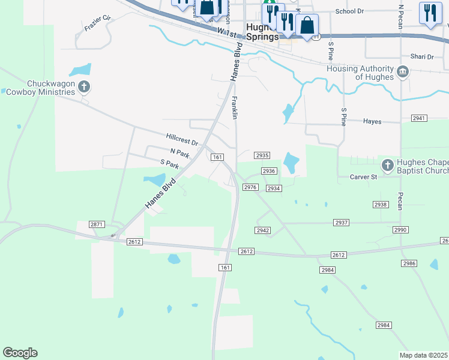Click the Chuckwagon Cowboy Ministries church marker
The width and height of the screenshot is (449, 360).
[x=84, y=88]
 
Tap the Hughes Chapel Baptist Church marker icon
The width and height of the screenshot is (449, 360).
[x=388, y=164]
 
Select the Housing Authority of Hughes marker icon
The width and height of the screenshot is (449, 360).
[x=403, y=73]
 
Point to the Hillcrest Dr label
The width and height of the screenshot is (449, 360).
[x=182, y=140]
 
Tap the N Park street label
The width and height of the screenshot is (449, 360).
[x=179, y=154]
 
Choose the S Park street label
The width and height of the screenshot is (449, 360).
[x=170, y=163]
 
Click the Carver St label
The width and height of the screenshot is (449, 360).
[x=363, y=177]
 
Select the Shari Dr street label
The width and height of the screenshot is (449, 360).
[x=422, y=56]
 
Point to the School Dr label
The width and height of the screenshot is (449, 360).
[x=349, y=11]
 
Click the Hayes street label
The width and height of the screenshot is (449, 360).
[x=372, y=121]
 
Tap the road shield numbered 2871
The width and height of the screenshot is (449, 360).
[x=97, y=224]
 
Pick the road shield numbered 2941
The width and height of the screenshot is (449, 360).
[x=419, y=118]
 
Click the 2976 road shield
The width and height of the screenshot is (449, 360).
[x=250, y=188]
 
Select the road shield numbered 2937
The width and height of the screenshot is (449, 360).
[x=341, y=223]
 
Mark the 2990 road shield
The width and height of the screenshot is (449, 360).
[x=400, y=230]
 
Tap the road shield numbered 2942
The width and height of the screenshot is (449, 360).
[x=262, y=230]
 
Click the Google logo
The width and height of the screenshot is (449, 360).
[x=20, y=353]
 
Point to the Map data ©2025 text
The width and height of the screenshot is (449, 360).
[x=423, y=355]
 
